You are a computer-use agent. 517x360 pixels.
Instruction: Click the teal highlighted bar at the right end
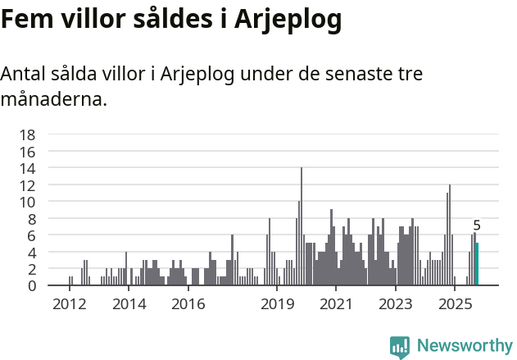pyautogui.click(x=477, y=264)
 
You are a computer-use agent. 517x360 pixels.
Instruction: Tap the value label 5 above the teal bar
pyautogui.click(x=477, y=226)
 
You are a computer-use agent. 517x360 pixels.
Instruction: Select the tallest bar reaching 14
pyautogui.click(x=302, y=226)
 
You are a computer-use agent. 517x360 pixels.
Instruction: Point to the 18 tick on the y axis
pyautogui.click(x=27, y=134)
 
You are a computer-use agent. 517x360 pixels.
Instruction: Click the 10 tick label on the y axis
pyautogui.click(x=27, y=202)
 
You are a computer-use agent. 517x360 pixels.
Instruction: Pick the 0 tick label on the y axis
pyautogui.click(x=31, y=285)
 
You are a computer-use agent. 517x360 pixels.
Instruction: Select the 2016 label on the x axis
pyautogui.click(x=188, y=304)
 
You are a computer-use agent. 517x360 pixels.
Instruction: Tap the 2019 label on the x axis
pyautogui.click(x=278, y=304)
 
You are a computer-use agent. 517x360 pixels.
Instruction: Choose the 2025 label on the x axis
pyautogui.click(x=455, y=304)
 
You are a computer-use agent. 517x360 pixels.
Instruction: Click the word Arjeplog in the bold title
pyautogui.click(x=288, y=21)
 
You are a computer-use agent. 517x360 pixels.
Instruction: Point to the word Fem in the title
pyautogui.click(x=25, y=21)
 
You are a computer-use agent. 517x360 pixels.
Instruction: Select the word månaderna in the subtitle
pyautogui.click(x=53, y=101)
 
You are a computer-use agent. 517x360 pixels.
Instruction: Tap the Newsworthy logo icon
pyautogui.click(x=400, y=347)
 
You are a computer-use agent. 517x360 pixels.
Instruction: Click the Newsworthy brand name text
pyautogui.click(x=464, y=346)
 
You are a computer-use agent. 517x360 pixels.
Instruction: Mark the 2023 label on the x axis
pyautogui.click(x=396, y=304)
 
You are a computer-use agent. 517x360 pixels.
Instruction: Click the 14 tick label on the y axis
pyautogui.click(x=27, y=168)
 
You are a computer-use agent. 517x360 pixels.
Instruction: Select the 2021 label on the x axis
pyautogui.click(x=337, y=304)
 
